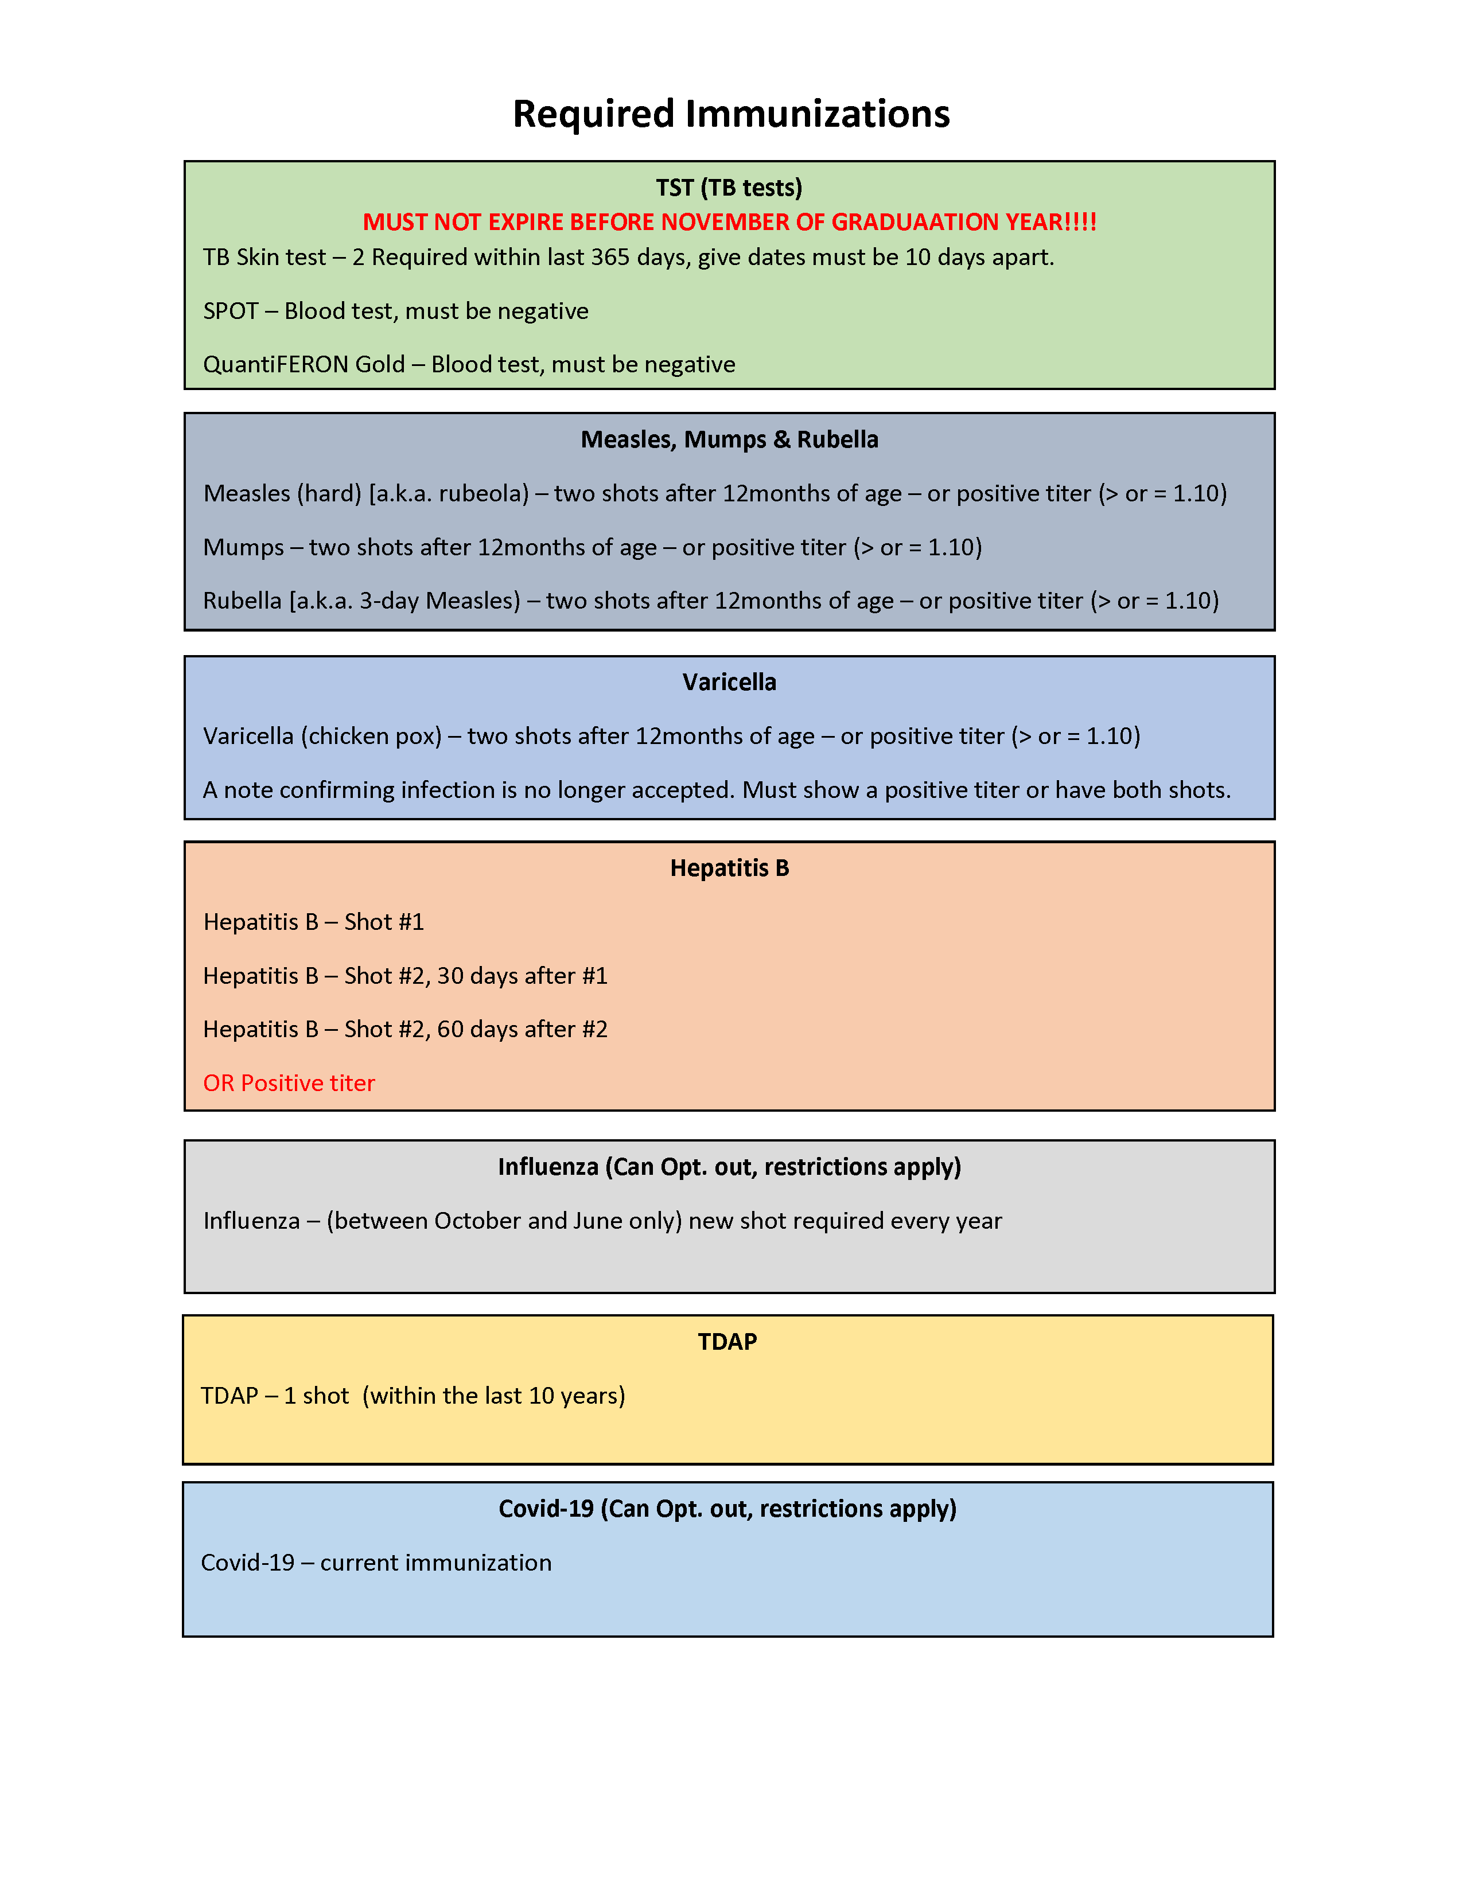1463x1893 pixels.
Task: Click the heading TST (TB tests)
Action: (729, 188)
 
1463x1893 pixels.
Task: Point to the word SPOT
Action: (231, 311)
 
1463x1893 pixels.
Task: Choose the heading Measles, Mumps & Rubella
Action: (729, 439)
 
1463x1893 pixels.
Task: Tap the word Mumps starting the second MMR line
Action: (243, 547)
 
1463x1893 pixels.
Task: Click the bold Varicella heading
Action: (729, 682)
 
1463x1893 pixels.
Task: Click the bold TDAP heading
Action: (727, 1342)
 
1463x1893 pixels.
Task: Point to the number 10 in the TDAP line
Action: (541, 1396)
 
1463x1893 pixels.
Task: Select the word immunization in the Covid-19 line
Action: (478, 1562)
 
